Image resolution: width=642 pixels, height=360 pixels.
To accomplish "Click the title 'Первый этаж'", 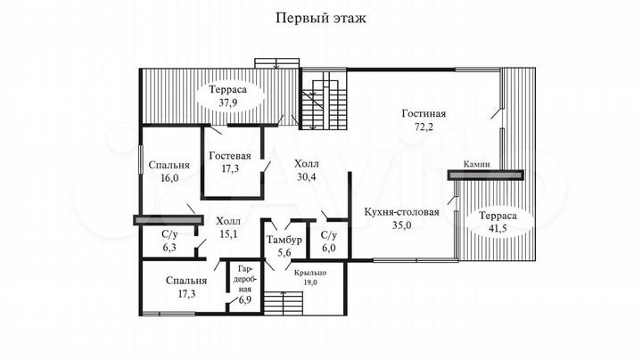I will (321, 17).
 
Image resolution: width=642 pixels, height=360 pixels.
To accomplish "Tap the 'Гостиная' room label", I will (424, 114).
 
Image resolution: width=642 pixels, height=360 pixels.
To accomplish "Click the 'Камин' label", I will (475, 164).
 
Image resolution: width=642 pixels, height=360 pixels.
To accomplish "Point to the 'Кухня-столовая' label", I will (401, 212).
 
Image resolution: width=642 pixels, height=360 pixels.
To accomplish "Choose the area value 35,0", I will (400, 226).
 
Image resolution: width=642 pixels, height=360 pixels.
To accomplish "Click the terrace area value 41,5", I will (491, 230).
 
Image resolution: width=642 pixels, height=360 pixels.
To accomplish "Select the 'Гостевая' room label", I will (230, 156).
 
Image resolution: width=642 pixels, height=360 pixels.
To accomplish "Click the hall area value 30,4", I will (305, 176).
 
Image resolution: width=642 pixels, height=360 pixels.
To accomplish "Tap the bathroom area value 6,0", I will (328, 249).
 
